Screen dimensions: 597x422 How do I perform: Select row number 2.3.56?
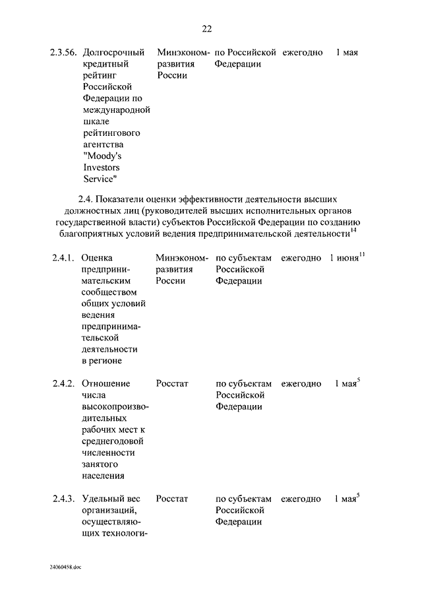pyautogui.click(x=63, y=53)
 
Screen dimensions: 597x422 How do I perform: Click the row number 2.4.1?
pyautogui.click(x=63, y=258)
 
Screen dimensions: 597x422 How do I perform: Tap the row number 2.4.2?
pyautogui.click(x=63, y=384)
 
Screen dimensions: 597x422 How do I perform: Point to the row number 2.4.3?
pyautogui.click(x=63, y=499)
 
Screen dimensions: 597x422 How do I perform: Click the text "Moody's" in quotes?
pyautogui.click(x=103, y=156)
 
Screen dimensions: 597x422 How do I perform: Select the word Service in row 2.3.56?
pyautogui.click(x=100, y=179)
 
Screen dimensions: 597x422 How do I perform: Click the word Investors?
pyautogui.click(x=101, y=168)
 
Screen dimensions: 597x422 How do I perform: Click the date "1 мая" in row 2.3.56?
pyautogui.click(x=347, y=53)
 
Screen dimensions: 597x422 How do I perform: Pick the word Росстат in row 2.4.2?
pyautogui.click(x=172, y=384)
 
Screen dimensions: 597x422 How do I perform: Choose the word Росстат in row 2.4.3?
pyautogui.click(x=172, y=499)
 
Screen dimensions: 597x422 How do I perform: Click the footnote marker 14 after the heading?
pyautogui.click(x=353, y=230)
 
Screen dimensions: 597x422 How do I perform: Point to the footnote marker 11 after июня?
pyautogui.click(x=362, y=255)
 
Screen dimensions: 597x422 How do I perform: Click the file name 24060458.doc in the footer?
pyautogui.click(x=65, y=567)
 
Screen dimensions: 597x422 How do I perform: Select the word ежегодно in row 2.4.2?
pyautogui.click(x=301, y=384)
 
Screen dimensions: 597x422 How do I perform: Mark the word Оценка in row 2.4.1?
pyautogui.click(x=98, y=258)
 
